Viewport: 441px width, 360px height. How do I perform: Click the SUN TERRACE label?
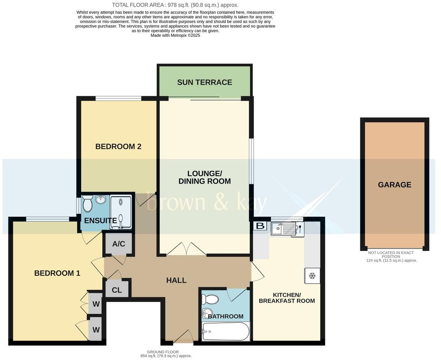204,82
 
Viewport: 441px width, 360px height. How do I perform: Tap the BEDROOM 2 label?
118,146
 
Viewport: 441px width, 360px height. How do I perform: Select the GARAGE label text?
394,185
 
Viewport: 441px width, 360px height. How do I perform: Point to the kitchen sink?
278,228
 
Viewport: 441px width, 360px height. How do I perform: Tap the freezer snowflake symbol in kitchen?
312,276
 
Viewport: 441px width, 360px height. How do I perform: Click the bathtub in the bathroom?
225,332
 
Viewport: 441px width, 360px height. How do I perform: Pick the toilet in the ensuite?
88,204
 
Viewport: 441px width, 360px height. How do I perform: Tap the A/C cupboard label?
119,244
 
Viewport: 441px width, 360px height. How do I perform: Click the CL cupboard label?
117,290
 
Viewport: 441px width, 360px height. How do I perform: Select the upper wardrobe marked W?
96,304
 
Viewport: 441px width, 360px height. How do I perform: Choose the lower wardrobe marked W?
96,330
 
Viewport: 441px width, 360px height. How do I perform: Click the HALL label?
176,280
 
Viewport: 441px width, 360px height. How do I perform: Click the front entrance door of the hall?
183,337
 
